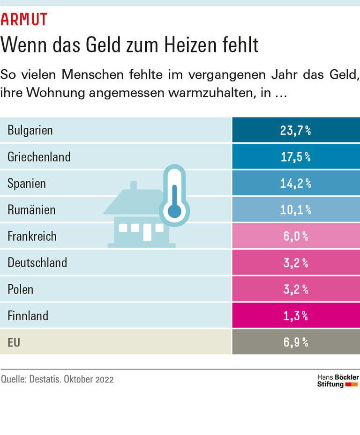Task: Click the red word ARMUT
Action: coord(24,19)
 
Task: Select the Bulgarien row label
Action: coord(30,130)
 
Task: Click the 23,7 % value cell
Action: coord(295,130)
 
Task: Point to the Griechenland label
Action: coord(39,156)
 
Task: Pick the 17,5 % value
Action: coord(295,157)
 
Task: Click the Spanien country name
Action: coord(27,183)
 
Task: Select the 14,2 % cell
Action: coord(295,183)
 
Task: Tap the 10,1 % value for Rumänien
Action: coord(295,209)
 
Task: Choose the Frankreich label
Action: coord(32,236)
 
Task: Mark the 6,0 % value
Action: coord(295,236)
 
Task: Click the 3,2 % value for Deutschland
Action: coord(295,262)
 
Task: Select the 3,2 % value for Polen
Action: coord(295,289)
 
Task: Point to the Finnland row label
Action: coord(28,316)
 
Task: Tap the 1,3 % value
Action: coord(295,316)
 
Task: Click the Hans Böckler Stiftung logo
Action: coord(337,380)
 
